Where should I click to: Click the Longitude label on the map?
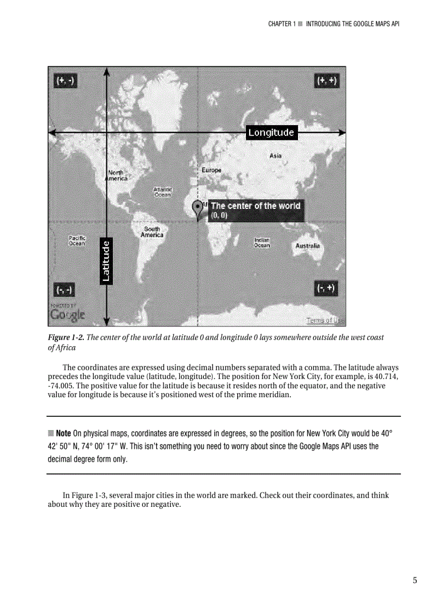[x=271, y=132]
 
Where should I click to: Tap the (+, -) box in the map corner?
[x=65, y=81]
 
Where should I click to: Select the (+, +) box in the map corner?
[x=327, y=81]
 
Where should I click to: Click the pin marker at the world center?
[x=197, y=209]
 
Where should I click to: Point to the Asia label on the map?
[x=276, y=156]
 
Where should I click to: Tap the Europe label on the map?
[x=211, y=170]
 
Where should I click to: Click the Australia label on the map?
[x=307, y=246]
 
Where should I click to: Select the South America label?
[x=152, y=231]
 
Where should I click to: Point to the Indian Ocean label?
[x=262, y=242]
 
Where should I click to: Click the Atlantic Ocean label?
[x=162, y=191]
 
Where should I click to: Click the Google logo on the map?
[x=67, y=314]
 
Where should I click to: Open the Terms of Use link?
[x=325, y=320]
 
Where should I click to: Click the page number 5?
[x=415, y=580]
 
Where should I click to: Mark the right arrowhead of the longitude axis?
[x=342, y=132]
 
